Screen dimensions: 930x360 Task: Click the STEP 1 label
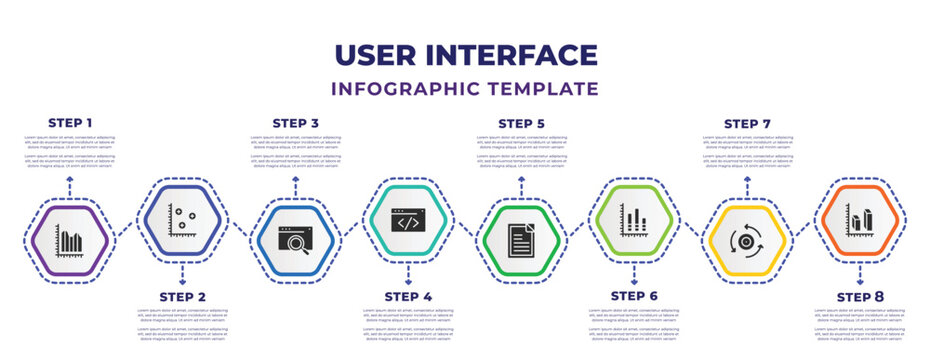[x=70, y=122]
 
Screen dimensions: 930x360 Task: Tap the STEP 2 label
[x=183, y=297]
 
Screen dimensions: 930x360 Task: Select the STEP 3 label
[x=296, y=122]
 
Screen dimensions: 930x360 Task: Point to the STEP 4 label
[x=408, y=297]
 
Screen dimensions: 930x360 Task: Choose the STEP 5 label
[x=521, y=122]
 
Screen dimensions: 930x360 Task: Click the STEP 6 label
[x=634, y=297]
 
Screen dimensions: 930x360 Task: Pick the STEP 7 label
[x=747, y=122]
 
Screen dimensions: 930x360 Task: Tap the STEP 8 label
[x=860, y=297]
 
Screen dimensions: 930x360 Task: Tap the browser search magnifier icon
[x=296, y=240]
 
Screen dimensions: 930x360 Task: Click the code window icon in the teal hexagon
[x=408, y=220]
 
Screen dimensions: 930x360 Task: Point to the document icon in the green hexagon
[x=521, y=240]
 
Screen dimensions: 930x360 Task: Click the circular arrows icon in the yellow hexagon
[x=747, y=240]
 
